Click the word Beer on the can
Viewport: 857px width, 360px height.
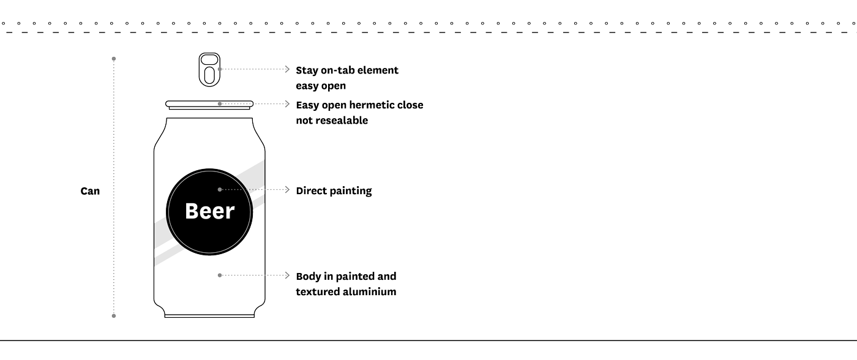coord(209,211)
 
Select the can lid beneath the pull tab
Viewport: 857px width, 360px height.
coord(209,105)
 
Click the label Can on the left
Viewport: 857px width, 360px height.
coord(90,191)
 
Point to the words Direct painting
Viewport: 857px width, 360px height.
coord(334,191)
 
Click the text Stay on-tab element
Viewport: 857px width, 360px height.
coord(347,70)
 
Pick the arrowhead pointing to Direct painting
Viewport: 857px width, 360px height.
coord(287,189)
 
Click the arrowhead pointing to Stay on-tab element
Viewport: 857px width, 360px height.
coord(287,69)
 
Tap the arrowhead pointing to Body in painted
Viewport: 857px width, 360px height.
coord(287,275)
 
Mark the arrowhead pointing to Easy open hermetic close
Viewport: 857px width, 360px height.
coord(287,103)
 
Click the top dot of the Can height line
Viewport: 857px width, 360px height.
coord(114,59)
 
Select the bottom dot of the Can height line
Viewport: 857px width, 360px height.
coord(114,316)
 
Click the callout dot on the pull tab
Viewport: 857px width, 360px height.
coord(220,69)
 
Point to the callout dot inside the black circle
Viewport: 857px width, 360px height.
coord(220,189)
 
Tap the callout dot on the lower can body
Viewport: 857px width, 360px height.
coord(220,275)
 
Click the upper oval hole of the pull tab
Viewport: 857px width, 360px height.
coord(209,60)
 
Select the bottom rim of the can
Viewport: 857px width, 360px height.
coord(209,316)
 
